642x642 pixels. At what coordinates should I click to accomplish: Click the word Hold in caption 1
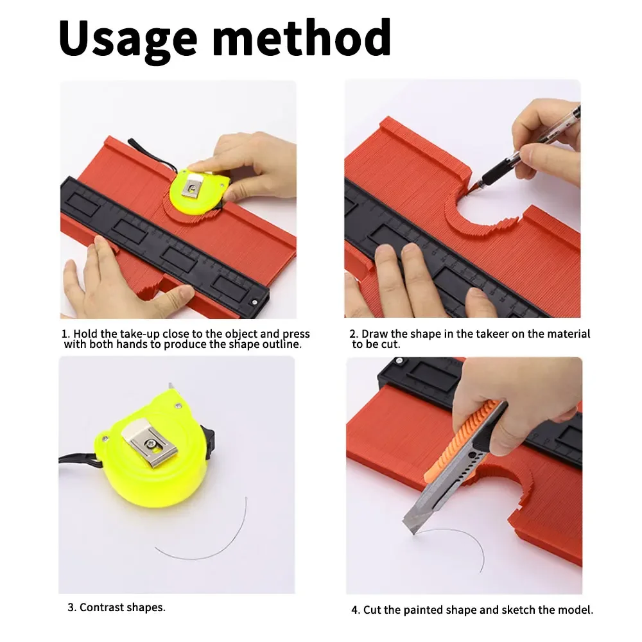85,334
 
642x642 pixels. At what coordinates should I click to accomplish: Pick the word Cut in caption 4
374,610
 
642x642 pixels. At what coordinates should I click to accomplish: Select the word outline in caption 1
282,345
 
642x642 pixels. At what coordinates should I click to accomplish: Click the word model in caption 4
578,610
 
